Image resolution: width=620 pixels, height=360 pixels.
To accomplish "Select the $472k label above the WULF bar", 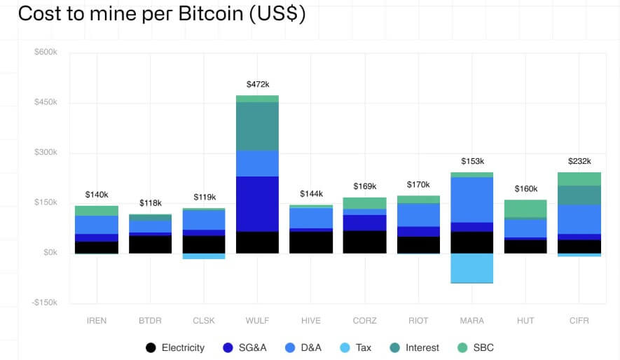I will click(257, 84).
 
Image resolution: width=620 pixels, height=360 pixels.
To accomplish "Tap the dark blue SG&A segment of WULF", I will click(257, 204).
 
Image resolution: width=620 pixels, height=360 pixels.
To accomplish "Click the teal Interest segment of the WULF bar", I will click(257, 126).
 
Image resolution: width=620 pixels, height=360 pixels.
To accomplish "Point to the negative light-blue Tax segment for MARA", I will click(471, 268).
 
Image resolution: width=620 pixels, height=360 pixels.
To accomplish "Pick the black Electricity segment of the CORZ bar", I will click(364, 242).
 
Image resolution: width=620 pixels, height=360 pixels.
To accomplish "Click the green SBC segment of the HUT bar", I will click(525, 208).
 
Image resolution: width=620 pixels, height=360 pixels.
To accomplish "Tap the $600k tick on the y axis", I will click(46, 53).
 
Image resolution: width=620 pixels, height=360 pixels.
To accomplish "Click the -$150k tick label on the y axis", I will click(44, 303).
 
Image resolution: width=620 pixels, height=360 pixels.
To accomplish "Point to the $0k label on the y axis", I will click(50, 252).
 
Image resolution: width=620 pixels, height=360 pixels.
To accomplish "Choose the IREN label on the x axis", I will click(97, 321).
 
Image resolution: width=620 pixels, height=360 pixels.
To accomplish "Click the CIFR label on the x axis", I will click(579, 321).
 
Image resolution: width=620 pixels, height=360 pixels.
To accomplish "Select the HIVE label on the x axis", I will click(310, 321).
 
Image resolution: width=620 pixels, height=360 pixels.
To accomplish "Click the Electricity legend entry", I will click(175, 347).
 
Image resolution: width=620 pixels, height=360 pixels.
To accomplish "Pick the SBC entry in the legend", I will click(476, 347).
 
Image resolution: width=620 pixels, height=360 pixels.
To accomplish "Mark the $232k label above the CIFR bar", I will click(579, 161).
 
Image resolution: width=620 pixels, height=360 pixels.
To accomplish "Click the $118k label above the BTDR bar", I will click(150, 203).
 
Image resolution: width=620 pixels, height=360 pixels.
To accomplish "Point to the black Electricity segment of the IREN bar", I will click(97, 247).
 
